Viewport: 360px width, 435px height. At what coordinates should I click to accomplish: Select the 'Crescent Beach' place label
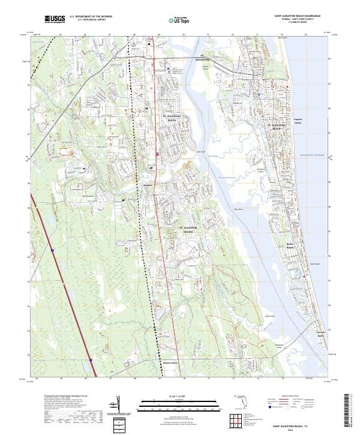tap(320, 334)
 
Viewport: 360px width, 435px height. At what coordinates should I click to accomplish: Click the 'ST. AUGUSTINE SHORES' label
tap(190, 229)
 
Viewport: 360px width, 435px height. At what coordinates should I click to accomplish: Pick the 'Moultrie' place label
tap(149, 185)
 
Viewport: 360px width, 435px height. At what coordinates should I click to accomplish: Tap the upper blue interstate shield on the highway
tap(53, 251)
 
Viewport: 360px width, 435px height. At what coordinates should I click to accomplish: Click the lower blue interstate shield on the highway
tap(91, 360)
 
